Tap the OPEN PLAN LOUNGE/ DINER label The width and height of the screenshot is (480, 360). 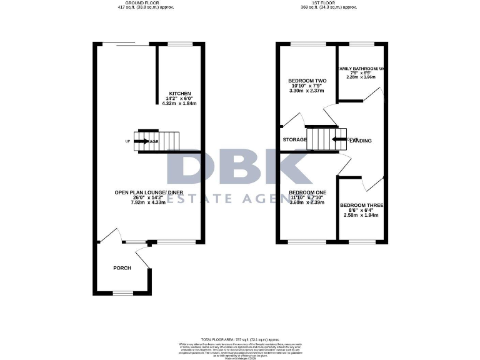(149, 192)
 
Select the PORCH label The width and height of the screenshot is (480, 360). (122, 268)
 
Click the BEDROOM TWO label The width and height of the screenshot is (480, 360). (307, 81)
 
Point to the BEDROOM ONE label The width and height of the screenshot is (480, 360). (307, 192)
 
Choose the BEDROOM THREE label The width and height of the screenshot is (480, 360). (361, 205)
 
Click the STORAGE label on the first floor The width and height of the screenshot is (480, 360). (294, 139)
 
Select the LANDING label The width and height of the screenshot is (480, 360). (361, 141)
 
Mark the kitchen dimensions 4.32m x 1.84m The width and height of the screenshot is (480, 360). (179, 103)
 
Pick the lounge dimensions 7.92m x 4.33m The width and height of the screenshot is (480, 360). (149, 202)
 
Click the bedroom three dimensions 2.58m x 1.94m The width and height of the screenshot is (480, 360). (361, 215)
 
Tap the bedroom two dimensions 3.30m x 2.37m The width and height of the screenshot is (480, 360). (307, 91)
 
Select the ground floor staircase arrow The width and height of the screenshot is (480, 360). (141, 141)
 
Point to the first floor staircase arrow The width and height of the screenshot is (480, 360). (339, 140)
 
